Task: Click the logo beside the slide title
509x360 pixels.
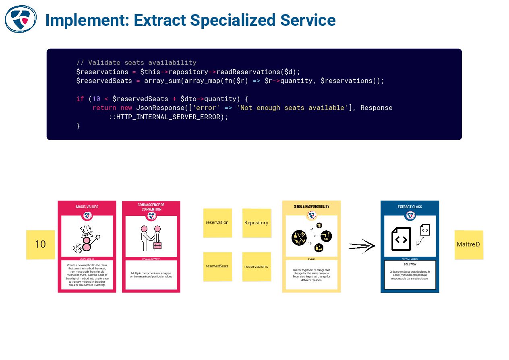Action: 21,19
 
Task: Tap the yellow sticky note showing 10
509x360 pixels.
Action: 40,244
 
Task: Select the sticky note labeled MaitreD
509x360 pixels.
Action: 468,244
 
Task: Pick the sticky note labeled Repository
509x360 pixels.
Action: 257,223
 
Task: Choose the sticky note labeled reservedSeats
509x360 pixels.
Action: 217,266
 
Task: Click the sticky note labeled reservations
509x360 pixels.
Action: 257,266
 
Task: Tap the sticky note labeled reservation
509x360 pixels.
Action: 217,223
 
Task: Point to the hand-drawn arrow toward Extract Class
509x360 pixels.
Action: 362,246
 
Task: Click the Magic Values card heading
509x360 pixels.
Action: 87,207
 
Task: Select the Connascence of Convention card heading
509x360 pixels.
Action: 151,207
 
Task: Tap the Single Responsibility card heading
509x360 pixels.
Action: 311,207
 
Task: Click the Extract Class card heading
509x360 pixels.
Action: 410,207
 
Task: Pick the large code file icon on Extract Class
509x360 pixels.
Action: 401,239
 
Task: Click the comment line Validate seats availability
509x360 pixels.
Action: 136,63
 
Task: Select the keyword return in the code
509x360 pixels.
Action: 104,108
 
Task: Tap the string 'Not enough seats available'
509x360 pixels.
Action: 292,108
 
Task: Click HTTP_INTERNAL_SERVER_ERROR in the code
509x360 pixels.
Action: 168,117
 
